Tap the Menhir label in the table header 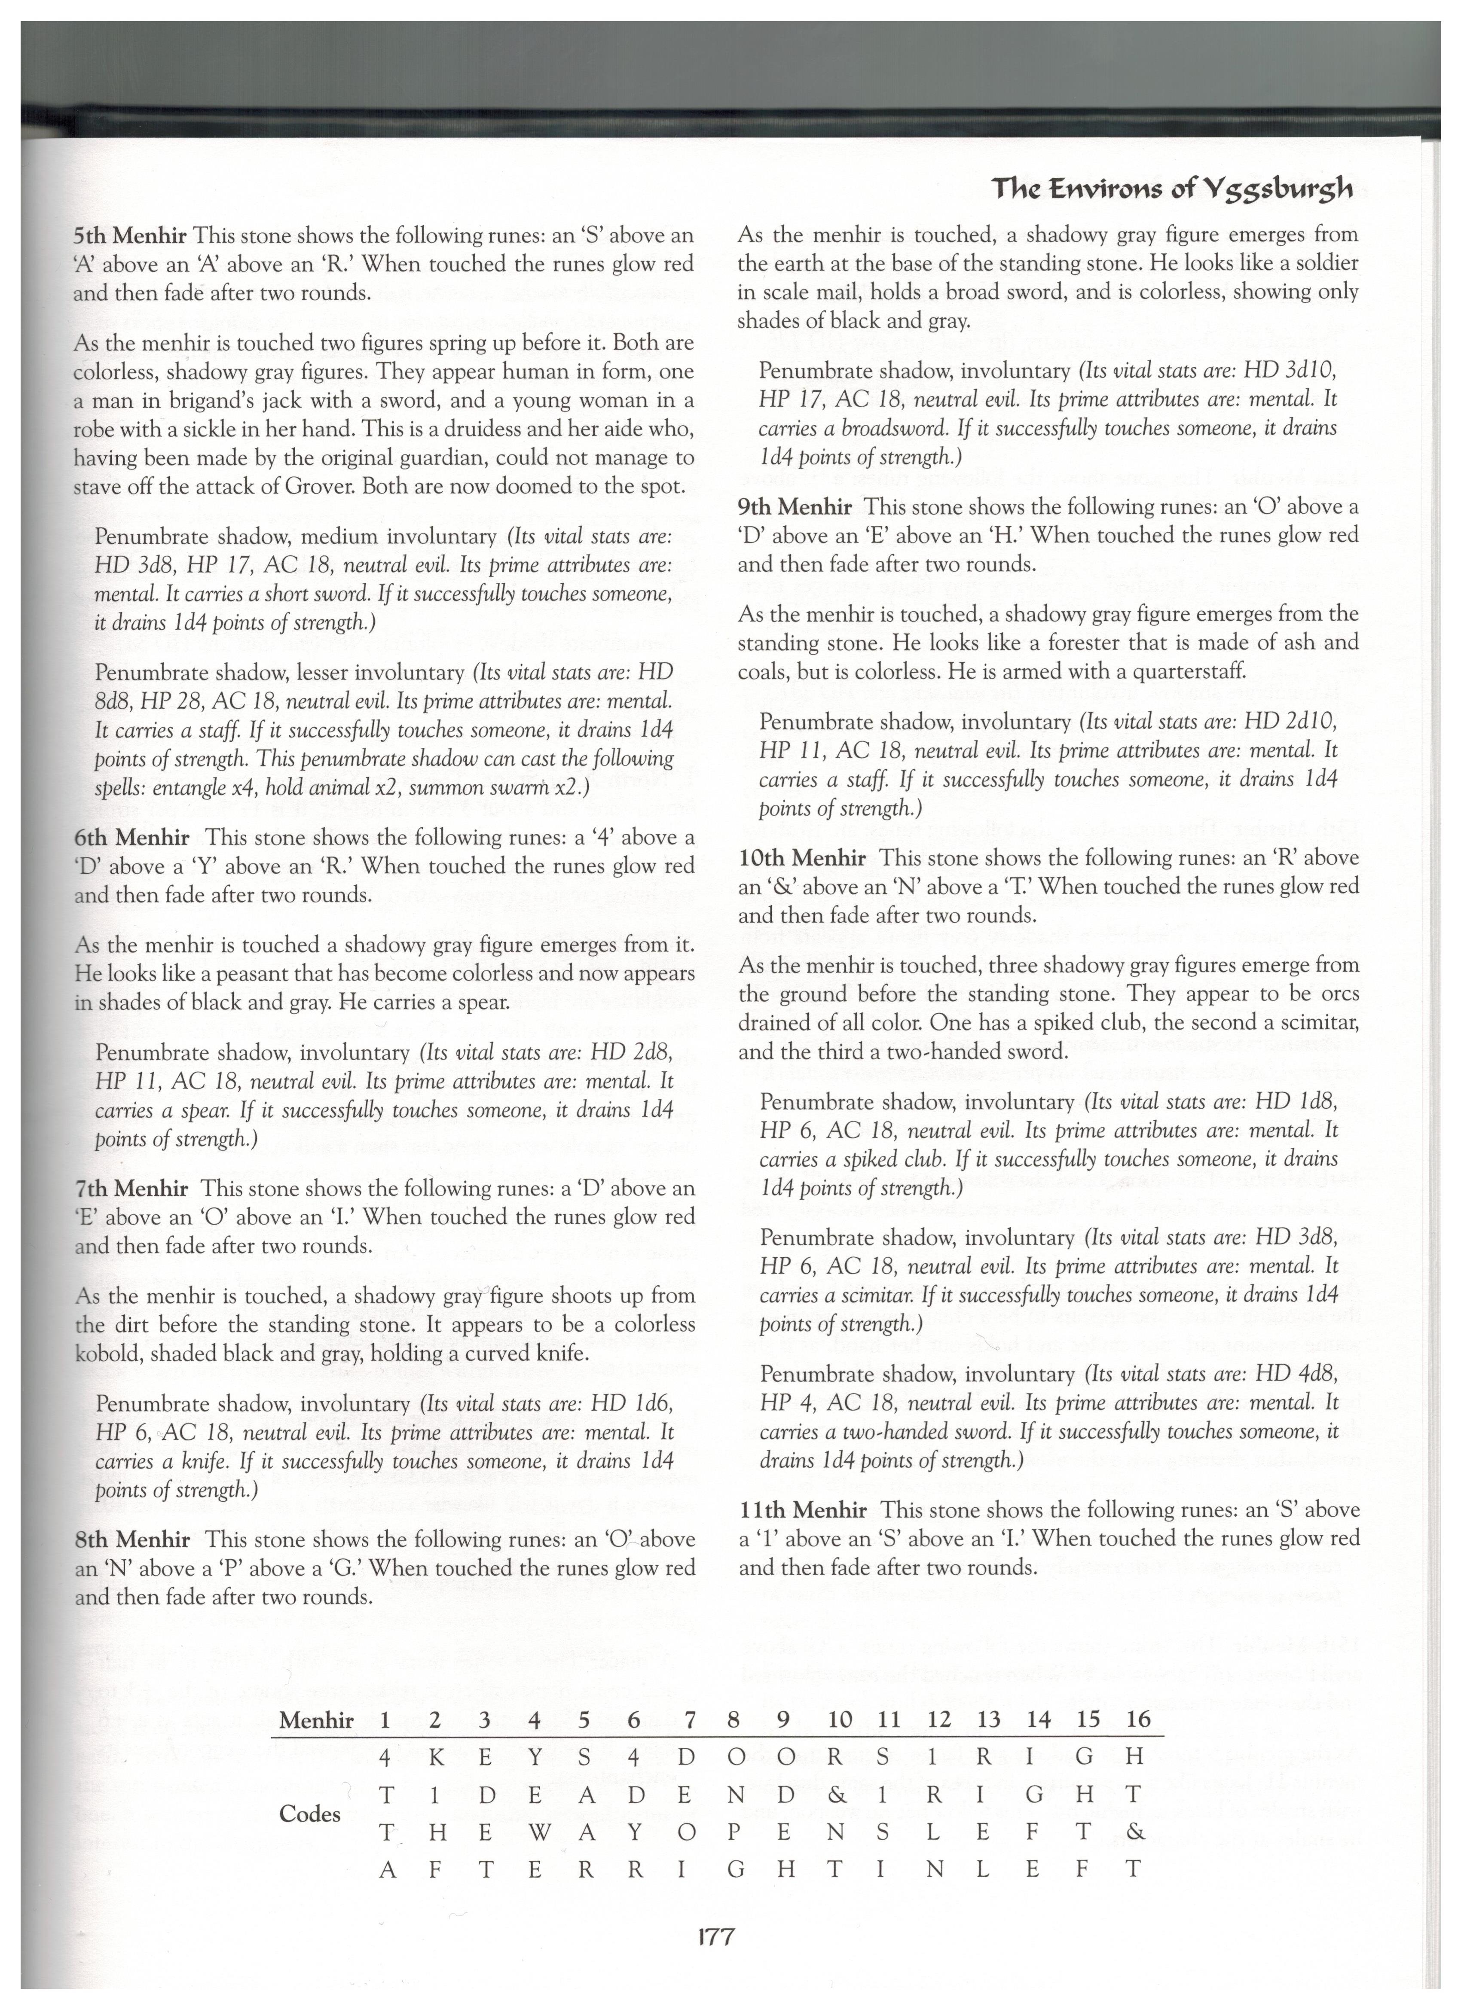316,1720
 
